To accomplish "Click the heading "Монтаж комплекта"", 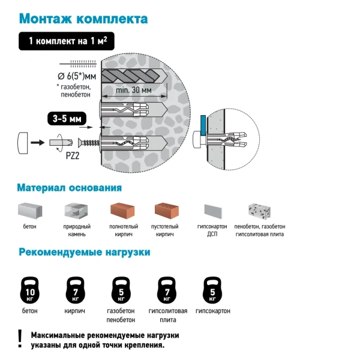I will pyautogui.click(x=83, y=18).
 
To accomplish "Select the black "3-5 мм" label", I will pyautogui.click(x=66, y=119).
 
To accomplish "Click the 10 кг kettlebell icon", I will pyautogui.click(x=30, y=290).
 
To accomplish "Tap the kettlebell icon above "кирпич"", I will pyautogui.click(x=74, y=290).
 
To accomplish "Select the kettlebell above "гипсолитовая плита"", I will pyautogui.click(x=166, y=290).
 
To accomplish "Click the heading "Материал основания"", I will pyautogui.click(x=69, y=188).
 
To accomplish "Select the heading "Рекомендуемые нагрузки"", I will pyautogui.click(x=84, y=252).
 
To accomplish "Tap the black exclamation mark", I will pyautogui.click(x=20, y=338).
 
